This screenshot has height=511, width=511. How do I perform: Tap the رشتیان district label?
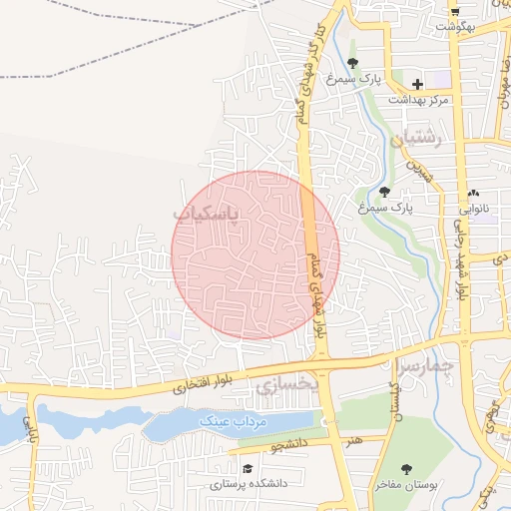(x=414, y=142)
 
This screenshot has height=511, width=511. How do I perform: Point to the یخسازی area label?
(x=287, y=381)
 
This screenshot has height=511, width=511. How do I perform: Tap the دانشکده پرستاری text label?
(x=249, y=483)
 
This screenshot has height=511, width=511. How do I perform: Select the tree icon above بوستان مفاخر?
(x=406, y=468)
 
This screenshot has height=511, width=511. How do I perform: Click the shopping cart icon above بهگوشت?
(x=455, y=10)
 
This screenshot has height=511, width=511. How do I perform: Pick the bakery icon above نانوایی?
(x=473, y=193)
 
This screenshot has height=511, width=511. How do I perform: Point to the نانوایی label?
(x=473, y=210)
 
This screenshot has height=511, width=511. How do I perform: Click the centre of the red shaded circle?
(x=256, y=255)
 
